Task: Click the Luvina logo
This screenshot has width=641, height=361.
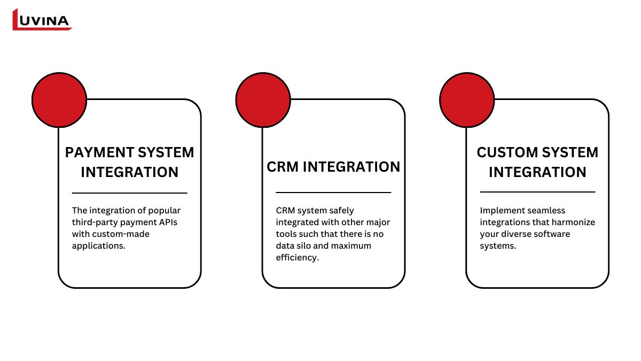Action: click(x=42, y=20)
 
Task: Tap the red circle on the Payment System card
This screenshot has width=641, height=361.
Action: click(x=59, y=100)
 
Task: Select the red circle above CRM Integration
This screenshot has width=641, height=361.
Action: click(x=263, y=100)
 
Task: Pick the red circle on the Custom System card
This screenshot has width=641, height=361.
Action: click(x=467, y=100)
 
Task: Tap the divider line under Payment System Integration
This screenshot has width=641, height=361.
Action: click(x=129, y=193)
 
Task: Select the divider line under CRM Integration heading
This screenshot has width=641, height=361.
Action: click(x=333, y=192)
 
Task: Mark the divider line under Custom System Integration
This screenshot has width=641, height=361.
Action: click(x=537, y=191)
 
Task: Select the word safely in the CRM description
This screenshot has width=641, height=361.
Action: click(x=341, y=211)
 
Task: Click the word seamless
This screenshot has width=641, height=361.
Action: click(x=546, y=211)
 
